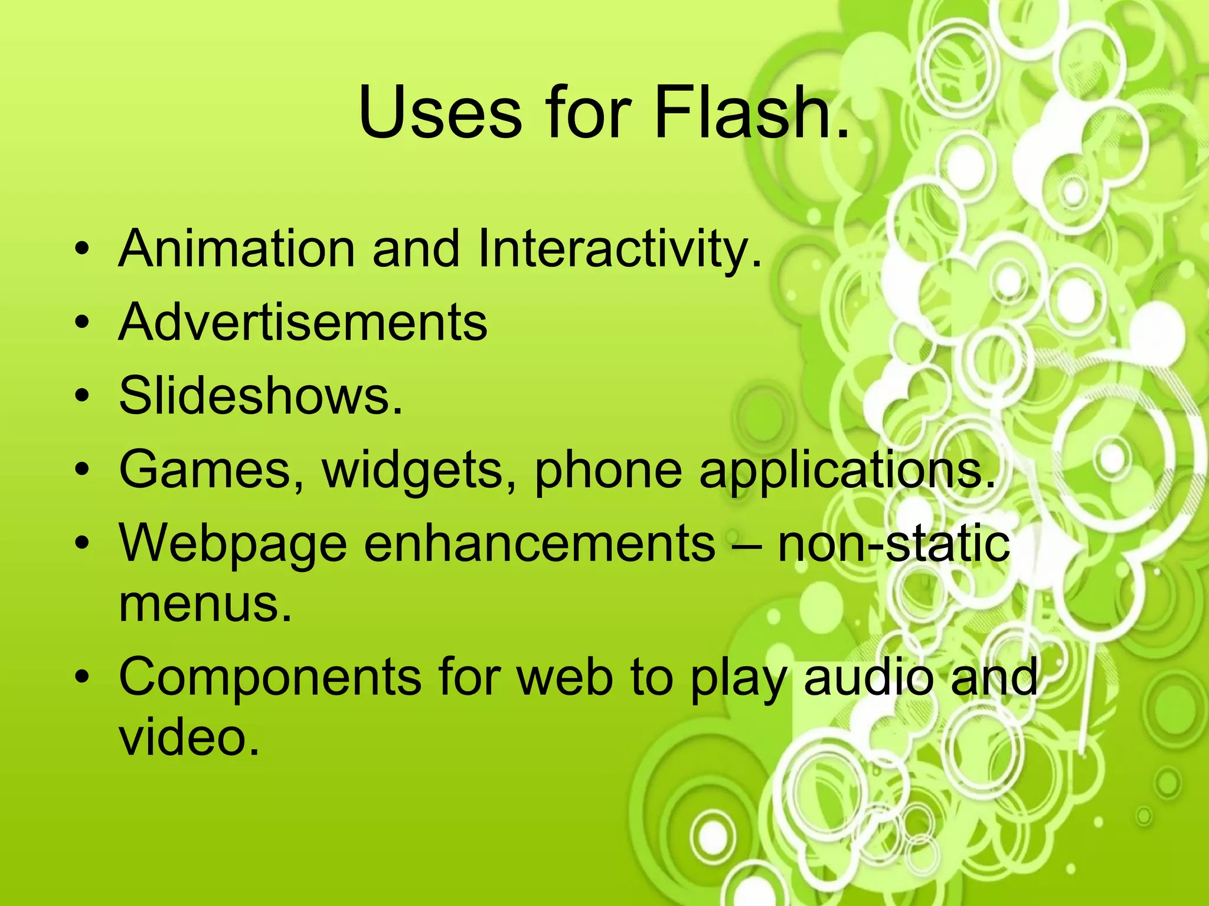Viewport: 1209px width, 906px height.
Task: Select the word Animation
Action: click(x=236, y=248)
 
